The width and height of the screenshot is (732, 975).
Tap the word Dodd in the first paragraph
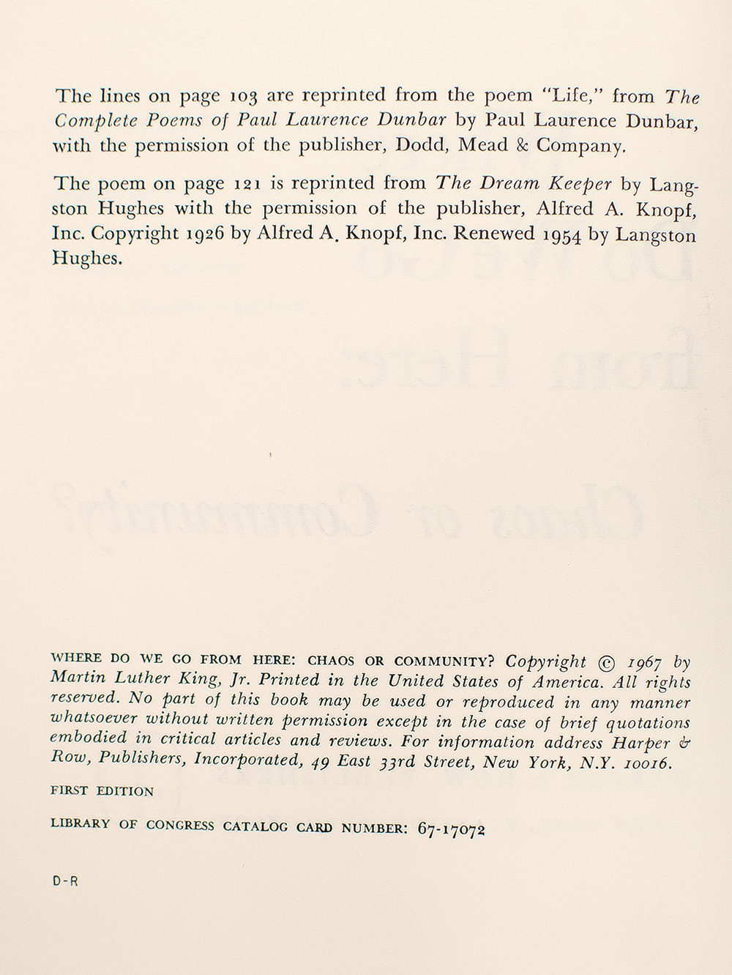[419, 145]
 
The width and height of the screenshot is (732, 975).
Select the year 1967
[646, 664]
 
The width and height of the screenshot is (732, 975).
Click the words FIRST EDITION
[102, 791]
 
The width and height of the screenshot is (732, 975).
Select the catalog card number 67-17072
[452, 829]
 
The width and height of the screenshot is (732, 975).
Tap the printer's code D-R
[65, 882]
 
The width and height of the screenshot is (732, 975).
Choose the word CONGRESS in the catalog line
[180, 825]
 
